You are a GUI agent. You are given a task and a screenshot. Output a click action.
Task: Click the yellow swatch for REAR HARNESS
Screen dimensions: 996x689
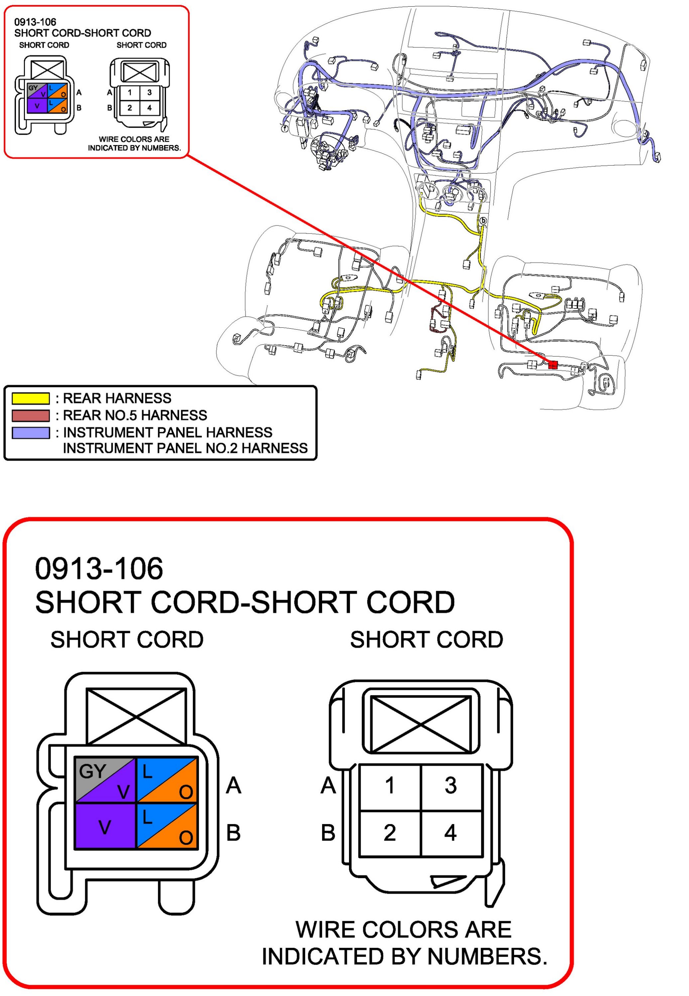point(30,398)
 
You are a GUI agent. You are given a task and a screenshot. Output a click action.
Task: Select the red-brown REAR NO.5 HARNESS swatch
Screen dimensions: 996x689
point(30,415)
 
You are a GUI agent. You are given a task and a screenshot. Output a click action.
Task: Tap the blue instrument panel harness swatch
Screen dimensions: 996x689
point(30,433)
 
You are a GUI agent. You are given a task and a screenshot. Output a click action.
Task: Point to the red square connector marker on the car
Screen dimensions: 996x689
point(553,365)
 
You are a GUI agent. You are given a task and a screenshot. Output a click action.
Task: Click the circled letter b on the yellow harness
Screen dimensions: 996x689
point(483,221)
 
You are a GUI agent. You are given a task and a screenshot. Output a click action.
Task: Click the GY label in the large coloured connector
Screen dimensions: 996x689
point(92,771)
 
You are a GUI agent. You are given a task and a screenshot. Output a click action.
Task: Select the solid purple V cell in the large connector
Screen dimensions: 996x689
point(105,826)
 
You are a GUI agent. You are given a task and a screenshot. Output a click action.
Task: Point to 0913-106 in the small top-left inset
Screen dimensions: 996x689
point(35,22)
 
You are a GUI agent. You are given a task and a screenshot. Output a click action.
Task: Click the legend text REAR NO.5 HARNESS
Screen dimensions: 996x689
point(135,415)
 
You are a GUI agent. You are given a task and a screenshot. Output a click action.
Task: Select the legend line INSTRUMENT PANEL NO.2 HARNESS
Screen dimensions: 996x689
point(185,448)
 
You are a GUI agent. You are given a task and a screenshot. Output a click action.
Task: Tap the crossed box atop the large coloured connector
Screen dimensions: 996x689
point(136,717)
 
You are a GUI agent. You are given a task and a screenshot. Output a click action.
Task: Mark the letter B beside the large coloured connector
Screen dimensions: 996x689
point(234,833)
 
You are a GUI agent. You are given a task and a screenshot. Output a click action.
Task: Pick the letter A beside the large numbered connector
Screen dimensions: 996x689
point(328,785)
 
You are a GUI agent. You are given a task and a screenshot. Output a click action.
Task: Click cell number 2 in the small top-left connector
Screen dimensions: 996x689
point(129,108)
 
